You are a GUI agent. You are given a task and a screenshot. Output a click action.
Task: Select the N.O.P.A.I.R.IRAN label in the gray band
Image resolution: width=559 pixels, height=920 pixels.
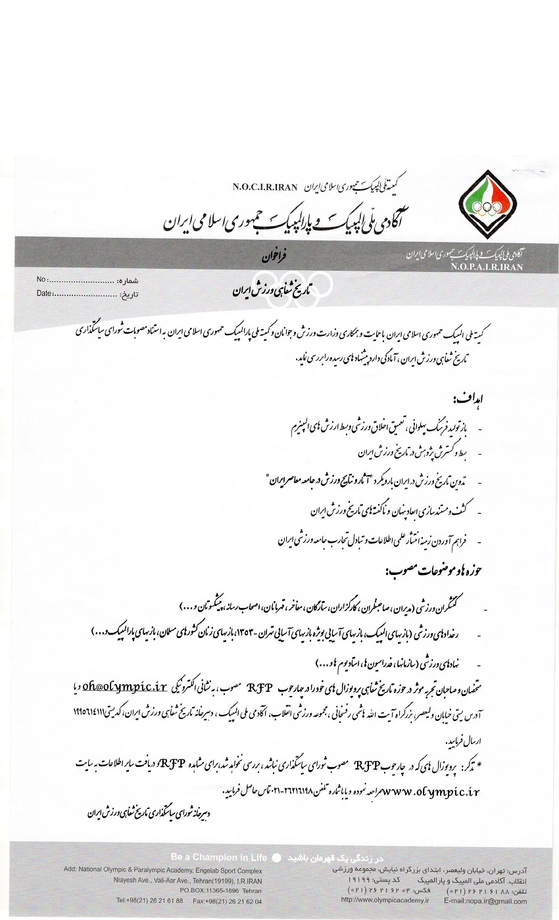(487, 267)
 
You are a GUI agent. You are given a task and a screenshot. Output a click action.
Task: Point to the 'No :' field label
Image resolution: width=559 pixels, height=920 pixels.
(43, 280)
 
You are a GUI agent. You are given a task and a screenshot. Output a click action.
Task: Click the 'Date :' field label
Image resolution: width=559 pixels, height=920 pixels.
(45, 293)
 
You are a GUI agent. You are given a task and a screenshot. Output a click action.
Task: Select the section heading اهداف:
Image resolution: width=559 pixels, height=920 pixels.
(464, 400)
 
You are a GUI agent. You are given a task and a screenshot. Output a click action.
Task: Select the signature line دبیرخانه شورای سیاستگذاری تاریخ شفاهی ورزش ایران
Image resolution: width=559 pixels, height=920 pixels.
(147, 813)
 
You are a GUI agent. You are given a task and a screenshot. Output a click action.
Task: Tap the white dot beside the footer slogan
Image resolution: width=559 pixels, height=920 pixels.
(276, 858)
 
